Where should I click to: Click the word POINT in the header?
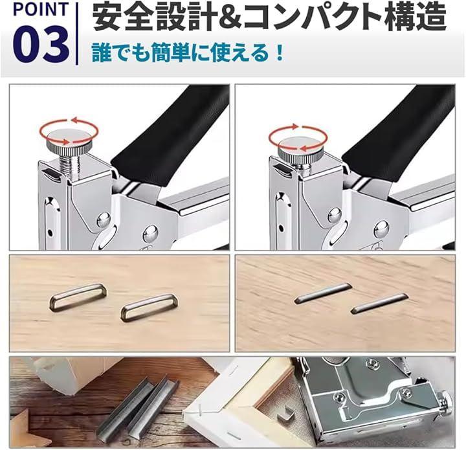tap(41, 9)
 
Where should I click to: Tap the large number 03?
tap(41, 45)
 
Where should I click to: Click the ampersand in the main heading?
tap(225, 17)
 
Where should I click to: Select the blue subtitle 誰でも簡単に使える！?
tap(187, 53)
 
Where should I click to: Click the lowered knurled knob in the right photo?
tap(300, 149)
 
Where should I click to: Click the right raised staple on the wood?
tap(149, 308)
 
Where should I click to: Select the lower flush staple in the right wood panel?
tap(379, 304)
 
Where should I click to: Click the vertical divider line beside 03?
tap(77, 33)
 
